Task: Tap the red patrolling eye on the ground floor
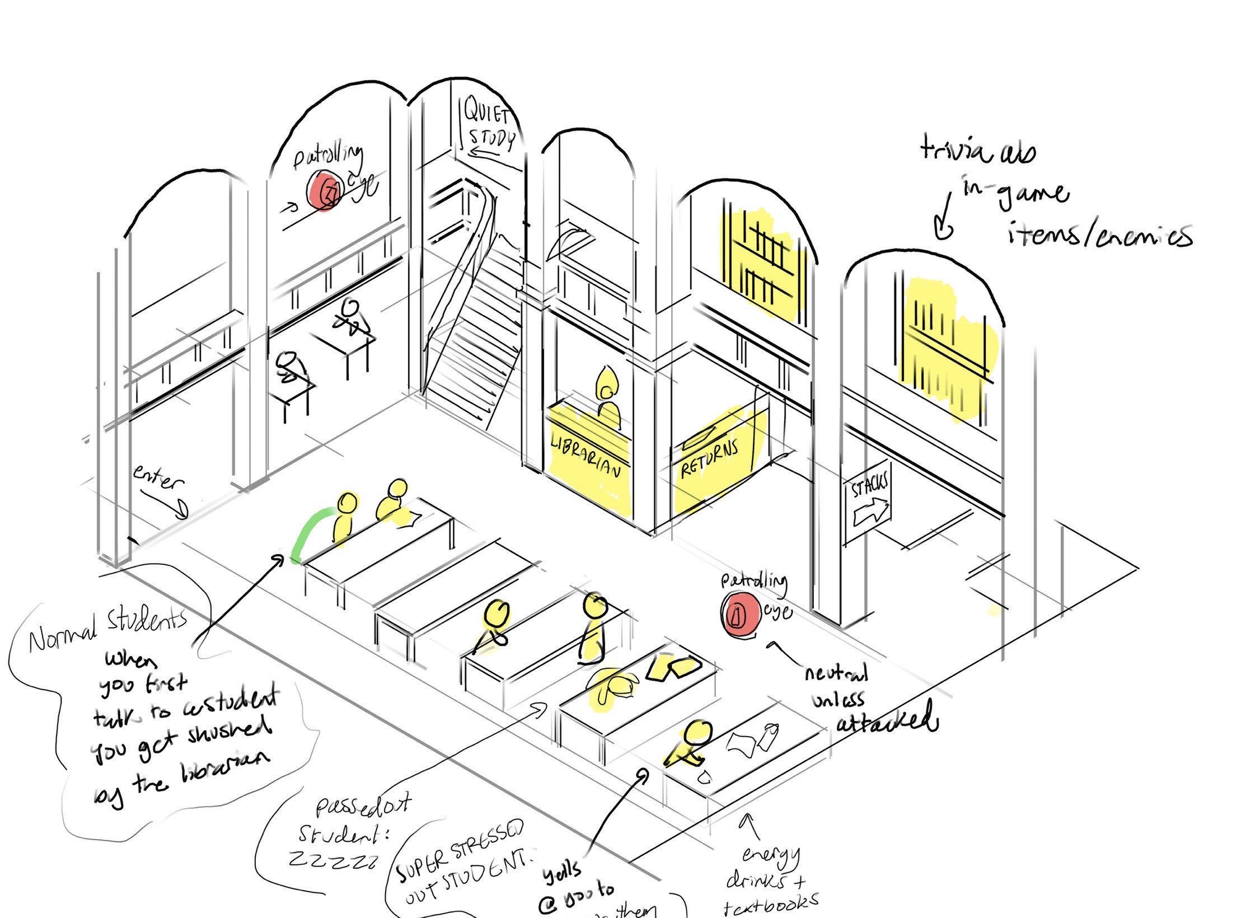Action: click(x=738, y=615)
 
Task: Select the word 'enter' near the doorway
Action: click(x=158, y=479)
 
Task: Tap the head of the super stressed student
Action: click(x=699, y=733)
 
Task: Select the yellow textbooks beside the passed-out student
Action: click(x=675, y=668)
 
